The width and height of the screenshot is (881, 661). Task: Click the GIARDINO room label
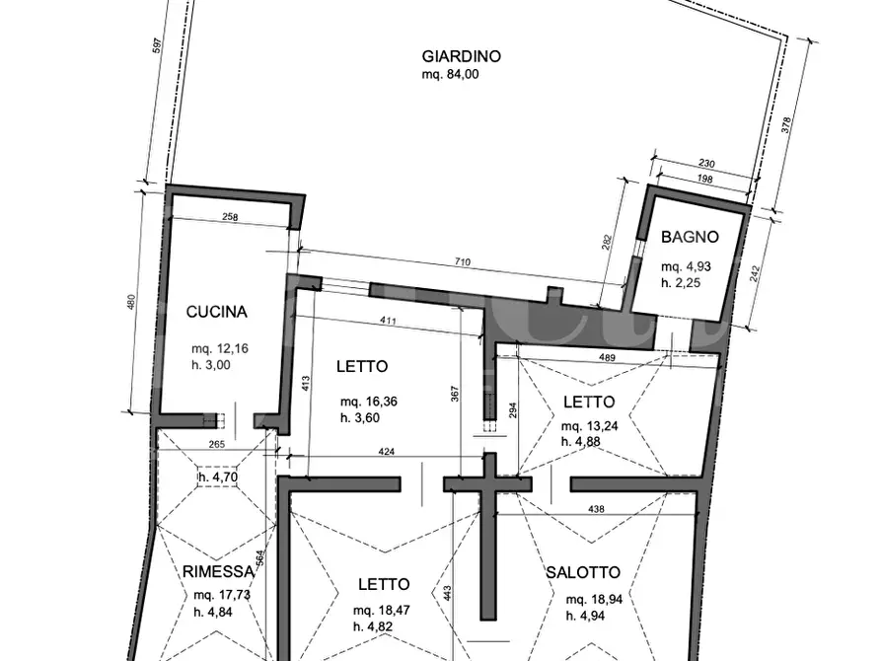tap(462, 56)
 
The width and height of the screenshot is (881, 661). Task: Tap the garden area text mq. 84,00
tap(451, 74)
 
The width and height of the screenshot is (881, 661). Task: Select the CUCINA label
tap(216, 312)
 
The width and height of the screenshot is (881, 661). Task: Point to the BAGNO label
tap(690, 237)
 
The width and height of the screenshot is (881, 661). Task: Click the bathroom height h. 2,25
tap(681, 283)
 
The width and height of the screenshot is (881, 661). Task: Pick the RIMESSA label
tap(219, 572)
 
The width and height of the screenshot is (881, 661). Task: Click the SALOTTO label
tap(583, 572)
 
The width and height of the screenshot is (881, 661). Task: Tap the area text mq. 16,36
tap(369, 402)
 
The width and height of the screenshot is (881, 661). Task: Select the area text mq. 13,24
tap(589, 426)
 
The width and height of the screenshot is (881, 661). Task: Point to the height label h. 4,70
tap(218, 477)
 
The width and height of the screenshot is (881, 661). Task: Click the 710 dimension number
tap(462, 261)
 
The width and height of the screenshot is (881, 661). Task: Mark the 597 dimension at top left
tap(158, 46)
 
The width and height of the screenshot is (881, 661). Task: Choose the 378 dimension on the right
tap(786, 124)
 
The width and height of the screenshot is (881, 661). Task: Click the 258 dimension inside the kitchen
tap(230, 217)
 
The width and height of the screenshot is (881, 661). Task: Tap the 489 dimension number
tap(607, 357)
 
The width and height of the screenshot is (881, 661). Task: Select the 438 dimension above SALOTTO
tap(596, 509)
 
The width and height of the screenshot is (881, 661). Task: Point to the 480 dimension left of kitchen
tap(132, 303)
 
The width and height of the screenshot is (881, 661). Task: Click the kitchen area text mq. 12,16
tap(220, 348)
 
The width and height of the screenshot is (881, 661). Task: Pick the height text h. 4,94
tap(585, 616)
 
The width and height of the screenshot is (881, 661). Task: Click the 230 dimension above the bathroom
tap(706, 164)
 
